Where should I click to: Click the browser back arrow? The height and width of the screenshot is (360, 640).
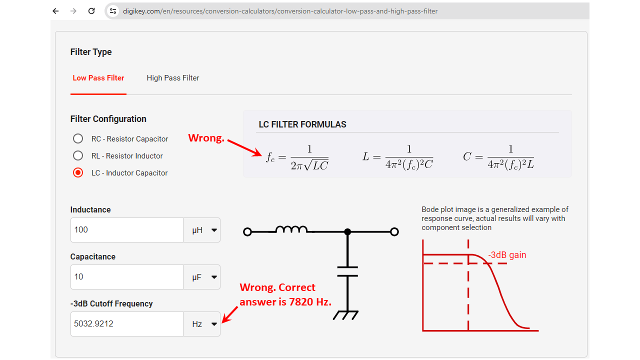coord(55,11)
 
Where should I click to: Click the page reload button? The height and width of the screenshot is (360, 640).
coord(91,11)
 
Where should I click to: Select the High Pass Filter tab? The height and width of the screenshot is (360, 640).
coord(173,78)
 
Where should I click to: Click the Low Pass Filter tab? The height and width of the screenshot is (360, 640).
coord(98,78)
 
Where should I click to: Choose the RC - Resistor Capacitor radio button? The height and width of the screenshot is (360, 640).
coord(77,138)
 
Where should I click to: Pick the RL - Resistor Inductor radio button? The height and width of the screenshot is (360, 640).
coord(77,155)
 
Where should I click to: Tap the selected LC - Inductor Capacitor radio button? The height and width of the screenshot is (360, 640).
coord(77,173)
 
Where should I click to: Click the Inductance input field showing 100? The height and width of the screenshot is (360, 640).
coord(127,230)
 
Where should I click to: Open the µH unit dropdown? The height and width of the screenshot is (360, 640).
coord(201,230)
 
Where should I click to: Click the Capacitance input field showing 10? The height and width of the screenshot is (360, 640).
coord(127,277)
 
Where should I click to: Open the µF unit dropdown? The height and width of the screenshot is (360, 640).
coord(201,277)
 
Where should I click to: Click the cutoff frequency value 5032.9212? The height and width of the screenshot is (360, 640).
coord(93,323)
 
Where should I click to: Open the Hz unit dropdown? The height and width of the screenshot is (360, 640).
coord(201,324)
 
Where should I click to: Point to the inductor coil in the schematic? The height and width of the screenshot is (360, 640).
coord(291,229)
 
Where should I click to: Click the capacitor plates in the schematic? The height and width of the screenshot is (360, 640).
coord(347,271)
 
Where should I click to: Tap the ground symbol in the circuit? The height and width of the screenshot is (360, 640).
coord(345,315)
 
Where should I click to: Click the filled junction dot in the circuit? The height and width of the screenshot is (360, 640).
coord(347,231)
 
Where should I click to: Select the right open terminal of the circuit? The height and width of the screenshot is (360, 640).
coord(394,231)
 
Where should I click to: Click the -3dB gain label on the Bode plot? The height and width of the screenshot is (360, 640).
coord(507,255)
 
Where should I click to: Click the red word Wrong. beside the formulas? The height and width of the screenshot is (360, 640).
coord(206,138)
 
